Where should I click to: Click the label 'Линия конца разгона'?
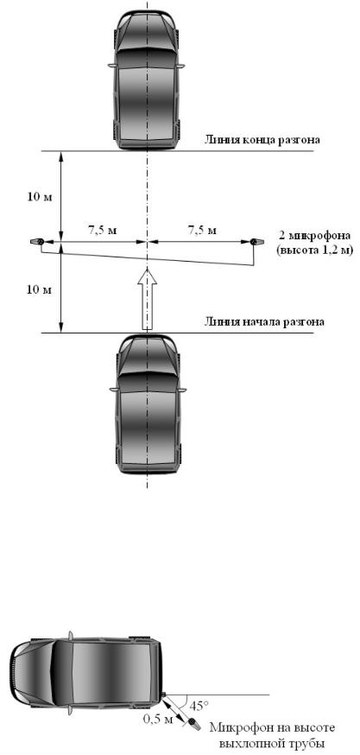[262, 141]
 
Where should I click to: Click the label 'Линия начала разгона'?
[264, 321]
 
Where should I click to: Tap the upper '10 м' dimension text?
[39, 198]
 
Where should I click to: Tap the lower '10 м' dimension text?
[39, 289]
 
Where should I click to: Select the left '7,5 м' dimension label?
[102, 230]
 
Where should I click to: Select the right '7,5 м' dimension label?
[201, 230]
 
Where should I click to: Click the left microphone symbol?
[37, 241]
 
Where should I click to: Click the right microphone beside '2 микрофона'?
[255, 241]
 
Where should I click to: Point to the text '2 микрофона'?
[313, 237]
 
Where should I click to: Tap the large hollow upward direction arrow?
[148, 300]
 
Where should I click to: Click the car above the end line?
[148, 76]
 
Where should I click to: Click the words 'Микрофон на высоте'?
[272, 727]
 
